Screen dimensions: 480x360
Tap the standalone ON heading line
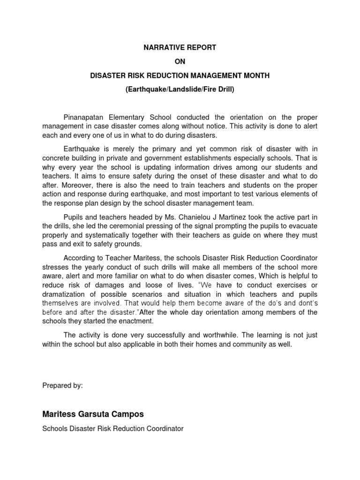tap(180, 61)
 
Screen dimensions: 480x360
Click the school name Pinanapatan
tap(83, 117)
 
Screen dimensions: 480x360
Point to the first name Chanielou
tap(187, 217)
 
